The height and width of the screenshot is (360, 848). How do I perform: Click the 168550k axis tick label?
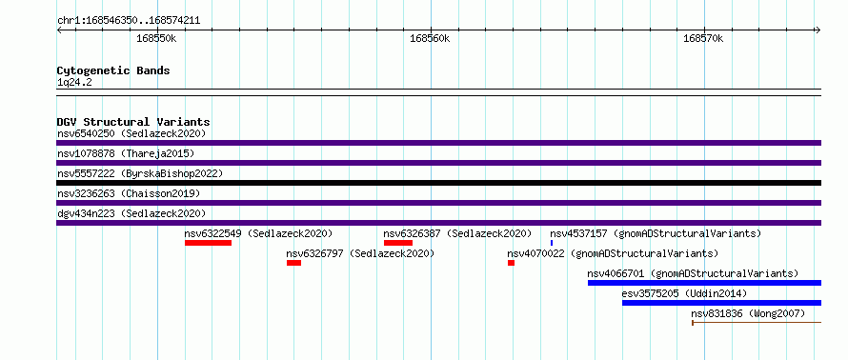156,39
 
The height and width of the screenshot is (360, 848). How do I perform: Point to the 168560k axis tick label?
430,39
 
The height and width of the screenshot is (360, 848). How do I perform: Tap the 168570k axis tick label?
703,39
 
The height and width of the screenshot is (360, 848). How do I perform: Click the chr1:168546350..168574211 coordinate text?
129,21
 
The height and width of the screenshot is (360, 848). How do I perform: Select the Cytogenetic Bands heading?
113,70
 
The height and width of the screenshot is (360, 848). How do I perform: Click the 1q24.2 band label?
74,83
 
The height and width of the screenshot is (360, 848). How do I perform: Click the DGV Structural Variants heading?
133,122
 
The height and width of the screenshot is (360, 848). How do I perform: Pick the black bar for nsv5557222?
438,183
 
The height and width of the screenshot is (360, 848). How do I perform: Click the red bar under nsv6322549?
209,243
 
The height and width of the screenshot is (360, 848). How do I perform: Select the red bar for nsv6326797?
293,263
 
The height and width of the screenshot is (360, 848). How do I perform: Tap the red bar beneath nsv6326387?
398,243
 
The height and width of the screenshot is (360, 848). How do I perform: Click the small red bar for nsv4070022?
511,263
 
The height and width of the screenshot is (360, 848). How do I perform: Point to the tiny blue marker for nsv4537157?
552,243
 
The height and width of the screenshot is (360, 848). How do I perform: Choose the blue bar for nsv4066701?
705,283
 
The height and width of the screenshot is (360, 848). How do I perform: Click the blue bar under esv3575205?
722,303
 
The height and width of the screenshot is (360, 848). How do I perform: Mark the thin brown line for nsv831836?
757,323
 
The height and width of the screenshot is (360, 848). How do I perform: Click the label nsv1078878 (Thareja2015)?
126,154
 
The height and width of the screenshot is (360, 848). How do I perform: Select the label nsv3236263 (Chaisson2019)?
129,193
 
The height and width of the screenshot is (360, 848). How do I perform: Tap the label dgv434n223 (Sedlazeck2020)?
131,213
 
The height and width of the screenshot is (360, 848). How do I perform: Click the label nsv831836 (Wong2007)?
748,313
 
